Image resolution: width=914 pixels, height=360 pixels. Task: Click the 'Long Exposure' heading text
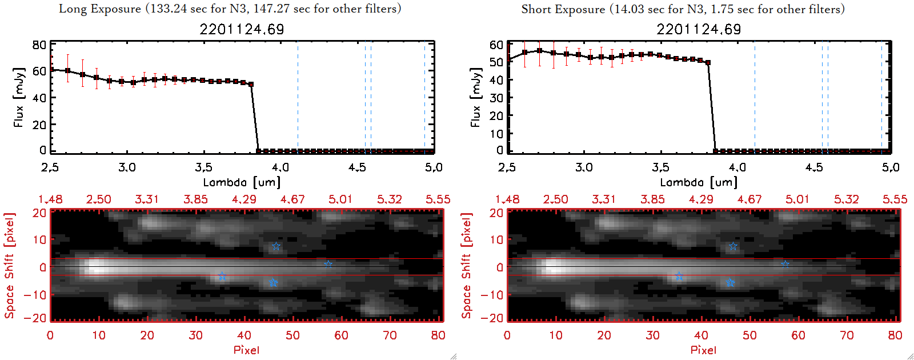click(100, 9)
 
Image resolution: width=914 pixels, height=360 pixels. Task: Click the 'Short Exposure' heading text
click(563, 9)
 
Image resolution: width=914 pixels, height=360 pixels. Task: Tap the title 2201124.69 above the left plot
click(242, 29)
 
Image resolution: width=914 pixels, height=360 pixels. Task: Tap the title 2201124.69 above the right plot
click(699, 29)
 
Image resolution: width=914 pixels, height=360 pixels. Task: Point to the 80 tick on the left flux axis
click(39, 45)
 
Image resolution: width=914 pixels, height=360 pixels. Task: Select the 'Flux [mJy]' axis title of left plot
click(19, 97)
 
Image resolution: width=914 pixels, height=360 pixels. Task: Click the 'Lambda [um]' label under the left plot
click(242, 182)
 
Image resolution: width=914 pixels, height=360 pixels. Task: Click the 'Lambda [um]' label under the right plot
click(699, 182)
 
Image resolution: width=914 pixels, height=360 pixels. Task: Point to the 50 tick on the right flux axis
click(496, 62)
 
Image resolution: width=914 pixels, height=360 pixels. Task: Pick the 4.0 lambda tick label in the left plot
click(280, 167)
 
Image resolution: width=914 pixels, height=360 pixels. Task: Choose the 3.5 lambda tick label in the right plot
click(660, 167)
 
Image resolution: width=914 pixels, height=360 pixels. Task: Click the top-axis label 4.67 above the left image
click(292, 199)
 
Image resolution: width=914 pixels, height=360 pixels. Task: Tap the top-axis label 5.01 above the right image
click(797, 199)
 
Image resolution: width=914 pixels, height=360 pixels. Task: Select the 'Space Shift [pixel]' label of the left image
click(9, 266)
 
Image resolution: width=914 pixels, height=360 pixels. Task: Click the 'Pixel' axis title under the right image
click(703, 350)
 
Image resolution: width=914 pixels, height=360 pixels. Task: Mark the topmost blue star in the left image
click(276, 246)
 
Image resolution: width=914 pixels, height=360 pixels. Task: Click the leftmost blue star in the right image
click(679, 277)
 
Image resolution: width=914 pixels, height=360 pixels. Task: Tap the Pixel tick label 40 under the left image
click(244, 335)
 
